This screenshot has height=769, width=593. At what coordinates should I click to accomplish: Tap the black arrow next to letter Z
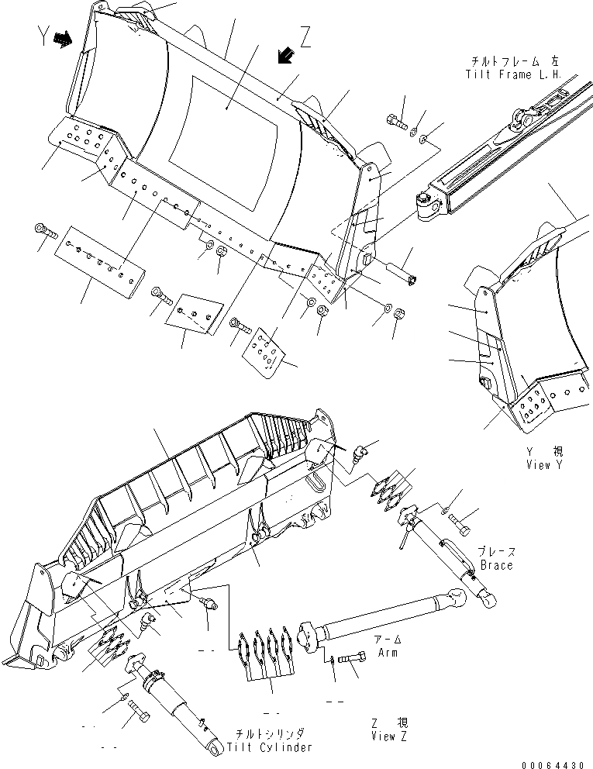(x=284, y=55)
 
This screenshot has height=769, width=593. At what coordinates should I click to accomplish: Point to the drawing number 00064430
(x=553, y=763)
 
